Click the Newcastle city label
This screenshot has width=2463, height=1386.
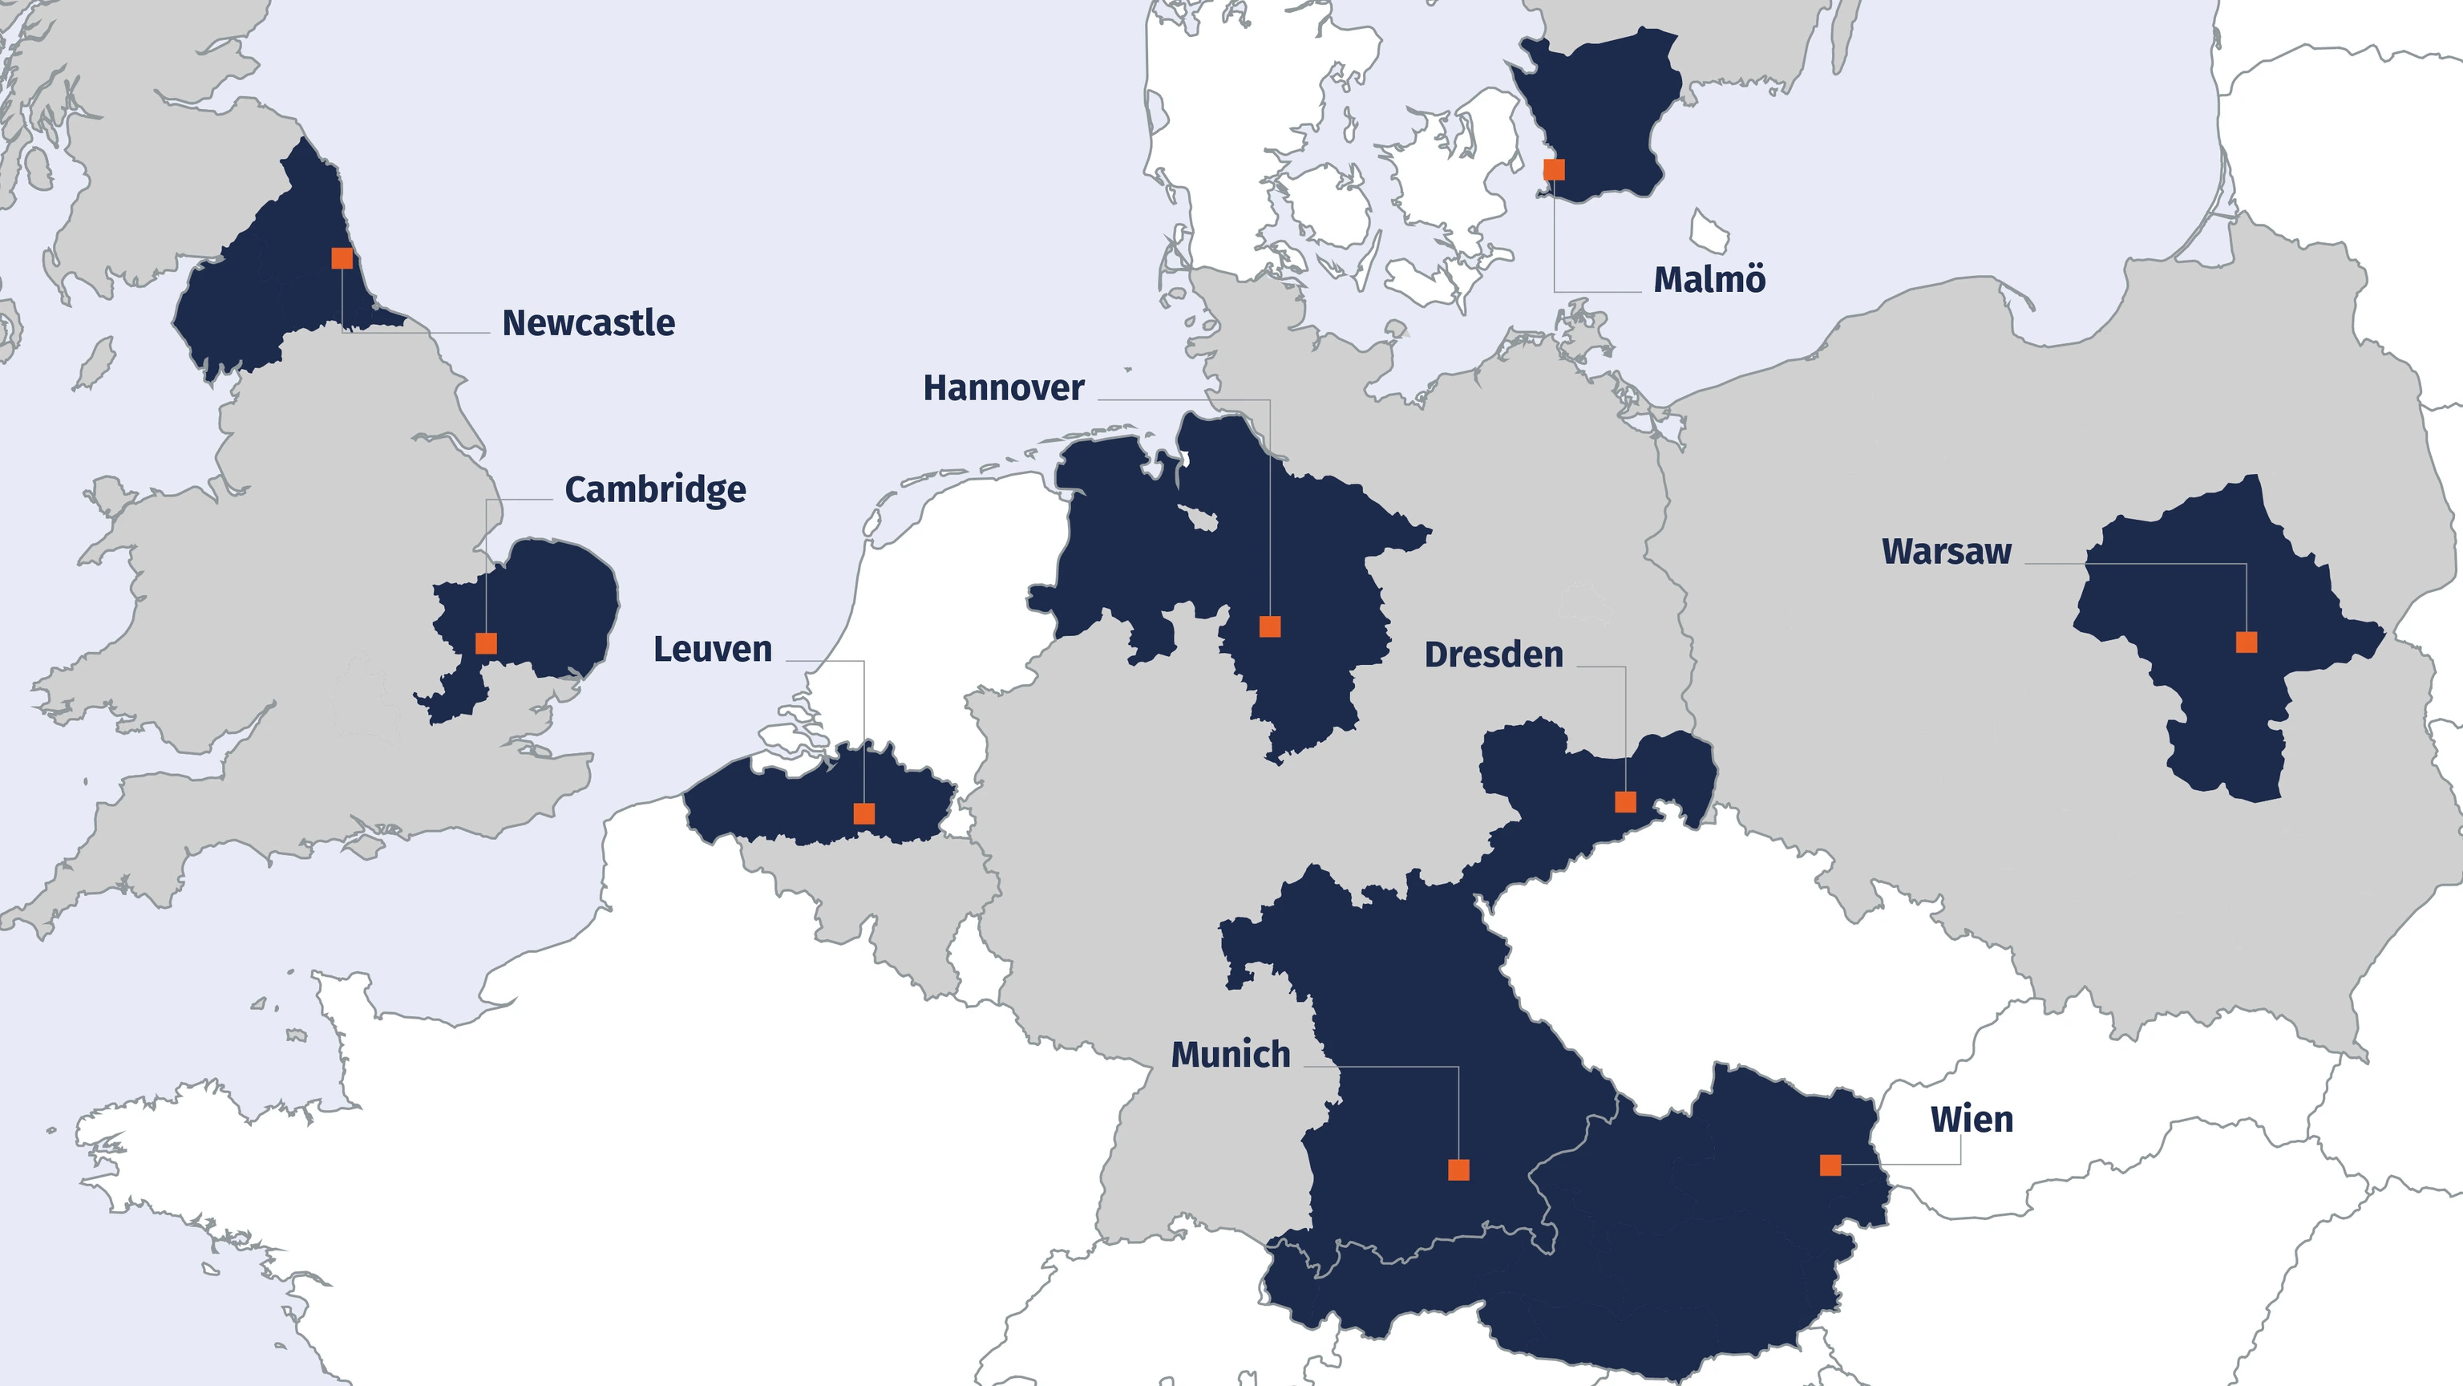pos(588,323)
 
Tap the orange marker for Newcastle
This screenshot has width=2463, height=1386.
pos(342,258)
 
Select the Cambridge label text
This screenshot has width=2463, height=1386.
pos(655,490)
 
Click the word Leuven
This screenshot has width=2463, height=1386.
pos(712,650)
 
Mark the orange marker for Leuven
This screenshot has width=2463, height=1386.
pos(863,814)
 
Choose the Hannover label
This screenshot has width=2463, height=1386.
pos(1003,388)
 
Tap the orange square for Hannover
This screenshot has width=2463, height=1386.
pos(1270,626)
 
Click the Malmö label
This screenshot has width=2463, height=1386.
pos(1709,280)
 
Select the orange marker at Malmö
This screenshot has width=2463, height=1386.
pos(1555,170)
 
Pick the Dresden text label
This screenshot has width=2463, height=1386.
pos(1494,655)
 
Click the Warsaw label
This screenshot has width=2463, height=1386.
pos(1947,552)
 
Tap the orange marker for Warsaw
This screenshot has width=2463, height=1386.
pos(2247,642)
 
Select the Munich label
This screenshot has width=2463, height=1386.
pos(1231,1055)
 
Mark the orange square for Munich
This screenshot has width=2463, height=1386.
pos(1458,1169)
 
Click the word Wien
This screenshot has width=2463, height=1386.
pos(1972,1119)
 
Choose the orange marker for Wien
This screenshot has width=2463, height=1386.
pos(1830,1165)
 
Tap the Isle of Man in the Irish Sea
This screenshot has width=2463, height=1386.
pos(94,364)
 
